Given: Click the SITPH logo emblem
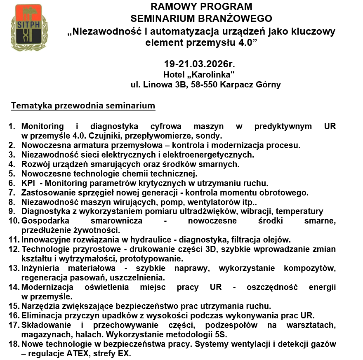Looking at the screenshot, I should click(x=27, y=28).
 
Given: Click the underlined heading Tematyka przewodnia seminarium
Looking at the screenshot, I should click(x=83, y=106).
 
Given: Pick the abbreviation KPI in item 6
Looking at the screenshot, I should click(x=28, y=183).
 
